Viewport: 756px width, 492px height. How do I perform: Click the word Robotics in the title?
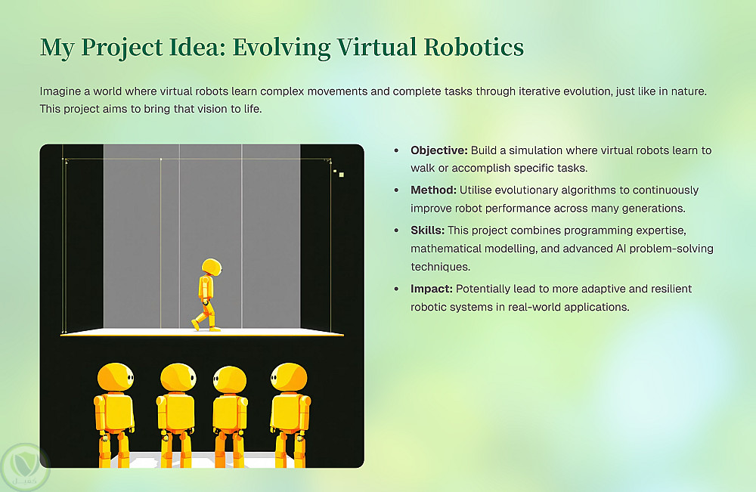473,47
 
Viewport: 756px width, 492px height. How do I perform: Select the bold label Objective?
439,150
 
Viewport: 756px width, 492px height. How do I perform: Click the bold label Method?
433,190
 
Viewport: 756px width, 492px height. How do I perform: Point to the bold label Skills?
428,231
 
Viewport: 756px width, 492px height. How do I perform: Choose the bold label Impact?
432,289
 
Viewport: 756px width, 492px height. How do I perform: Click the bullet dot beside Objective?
396,150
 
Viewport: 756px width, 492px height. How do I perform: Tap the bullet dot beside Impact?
396,289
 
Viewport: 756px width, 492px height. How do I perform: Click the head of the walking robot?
212,267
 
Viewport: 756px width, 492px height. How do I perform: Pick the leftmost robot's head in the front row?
116,377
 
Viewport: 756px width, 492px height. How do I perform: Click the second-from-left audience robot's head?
178,378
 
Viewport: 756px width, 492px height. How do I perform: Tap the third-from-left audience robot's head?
230,379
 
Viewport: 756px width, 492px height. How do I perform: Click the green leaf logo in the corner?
24,467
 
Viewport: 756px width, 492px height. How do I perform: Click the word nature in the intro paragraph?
690,91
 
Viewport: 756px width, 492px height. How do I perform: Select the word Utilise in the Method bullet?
475,190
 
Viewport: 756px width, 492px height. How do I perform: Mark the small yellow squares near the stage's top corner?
339,173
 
